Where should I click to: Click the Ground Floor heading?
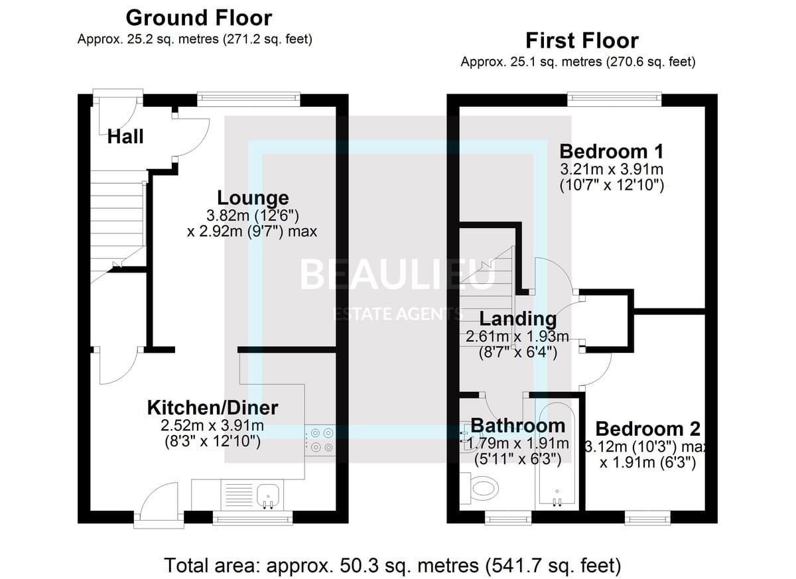(x=199, y=18)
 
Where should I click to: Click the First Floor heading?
(x=582, y=40)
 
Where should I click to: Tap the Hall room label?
(x=125, y=137)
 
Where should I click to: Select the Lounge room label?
(x=253, y=198)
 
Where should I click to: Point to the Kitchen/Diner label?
(x=212, y=408)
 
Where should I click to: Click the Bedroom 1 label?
(x=612, y=151)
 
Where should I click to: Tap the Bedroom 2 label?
(x=648, y=428)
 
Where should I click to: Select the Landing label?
(x=518, y=318)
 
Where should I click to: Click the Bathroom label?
(x=518, y=426)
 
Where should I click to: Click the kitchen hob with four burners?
(x=320, y=440)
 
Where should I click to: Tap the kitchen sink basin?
(x=268, y=493)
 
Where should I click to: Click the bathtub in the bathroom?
(x=557, y=454)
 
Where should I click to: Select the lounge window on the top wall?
(x=249, y=99)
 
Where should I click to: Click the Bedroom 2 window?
(x=648, y=517)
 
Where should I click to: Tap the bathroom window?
(x=509, y=517)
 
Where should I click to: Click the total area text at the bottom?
(x=392, y=565)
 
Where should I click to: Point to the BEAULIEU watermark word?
(x=397, y=274)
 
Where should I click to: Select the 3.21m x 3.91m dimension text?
(x=612, y=169)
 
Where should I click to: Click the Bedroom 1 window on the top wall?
(x=615, y=99)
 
